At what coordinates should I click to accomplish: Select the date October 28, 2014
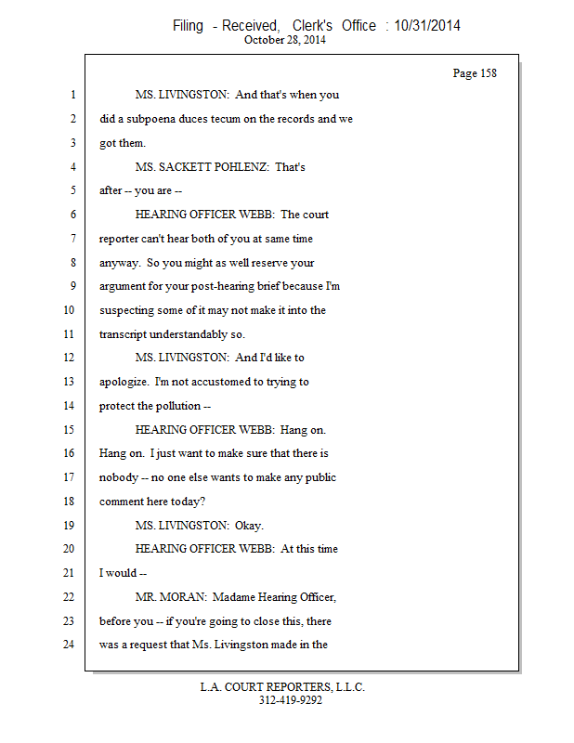coord(286,40)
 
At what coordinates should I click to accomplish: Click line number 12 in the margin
coord(71,358)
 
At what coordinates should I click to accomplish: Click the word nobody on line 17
coord(118,477)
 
